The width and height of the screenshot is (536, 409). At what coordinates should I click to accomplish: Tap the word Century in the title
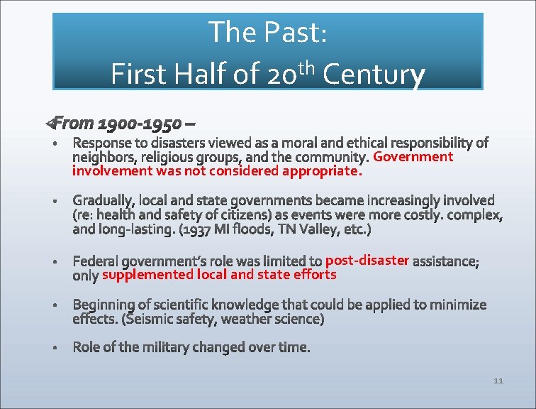click(374, 74)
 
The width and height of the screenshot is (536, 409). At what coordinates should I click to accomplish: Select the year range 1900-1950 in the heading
click(139, 124)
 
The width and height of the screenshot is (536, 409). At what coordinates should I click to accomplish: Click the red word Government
click(413, 156)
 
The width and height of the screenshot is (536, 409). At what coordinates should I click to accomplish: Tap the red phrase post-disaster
click(367, 260)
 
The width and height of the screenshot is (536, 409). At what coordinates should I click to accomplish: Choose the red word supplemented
click(147, 274)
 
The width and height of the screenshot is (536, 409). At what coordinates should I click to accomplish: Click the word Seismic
click(151, 320)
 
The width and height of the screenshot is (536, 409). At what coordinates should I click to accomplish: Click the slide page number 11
click(498, 381)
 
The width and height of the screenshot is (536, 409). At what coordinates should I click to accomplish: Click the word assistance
click(445, 261)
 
